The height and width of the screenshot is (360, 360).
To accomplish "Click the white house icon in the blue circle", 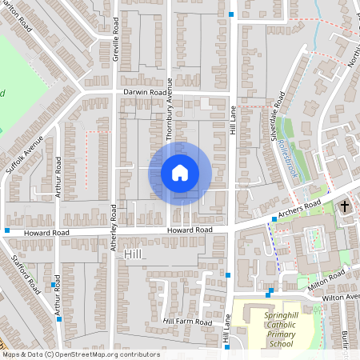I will point(180,172).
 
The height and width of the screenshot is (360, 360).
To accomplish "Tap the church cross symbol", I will point(346,206).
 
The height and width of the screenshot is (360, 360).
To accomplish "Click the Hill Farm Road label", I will point(187,322).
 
